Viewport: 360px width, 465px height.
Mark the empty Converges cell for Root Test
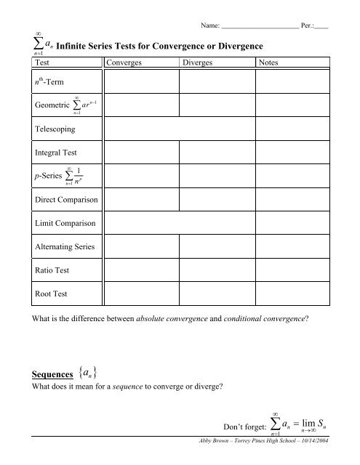pyautogui.click(x=140, y=296)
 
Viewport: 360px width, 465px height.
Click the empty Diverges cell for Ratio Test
pyautogui.click(x=215, y=272)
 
